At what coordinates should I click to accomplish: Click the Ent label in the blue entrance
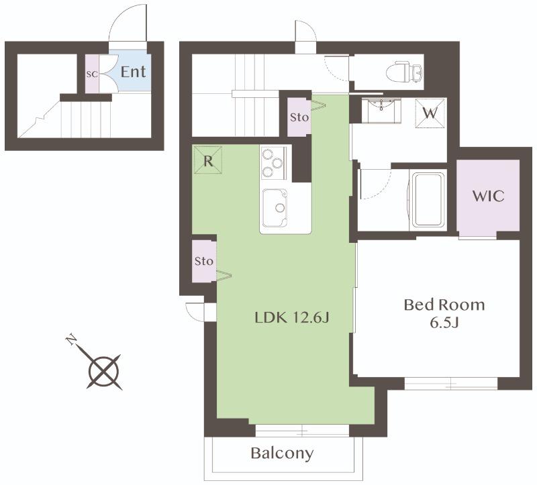[x=133, y=72]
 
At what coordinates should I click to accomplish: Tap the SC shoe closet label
[x=92, y=74]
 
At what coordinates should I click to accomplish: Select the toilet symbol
[x=404, y=72]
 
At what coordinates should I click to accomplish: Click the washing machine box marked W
[x=430, y=113]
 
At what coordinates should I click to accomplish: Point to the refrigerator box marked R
[x=208, y=160]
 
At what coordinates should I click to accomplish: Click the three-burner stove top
[x=273, y=163]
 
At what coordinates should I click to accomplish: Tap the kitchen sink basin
[x=275, y=207]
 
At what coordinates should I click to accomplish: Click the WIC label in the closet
[x=489, y=196]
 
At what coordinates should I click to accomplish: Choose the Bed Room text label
[x=444, y=305]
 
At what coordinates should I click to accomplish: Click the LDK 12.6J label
[x=292, y=318]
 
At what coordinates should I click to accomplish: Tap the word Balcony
[x=282, y=453]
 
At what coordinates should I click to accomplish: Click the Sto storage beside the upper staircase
[x=299, y=117]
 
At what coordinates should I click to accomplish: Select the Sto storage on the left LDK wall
[x=204, y=262]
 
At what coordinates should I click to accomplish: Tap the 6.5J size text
[x=444, y=323]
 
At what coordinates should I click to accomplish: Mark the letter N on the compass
[x=71, y=339]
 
